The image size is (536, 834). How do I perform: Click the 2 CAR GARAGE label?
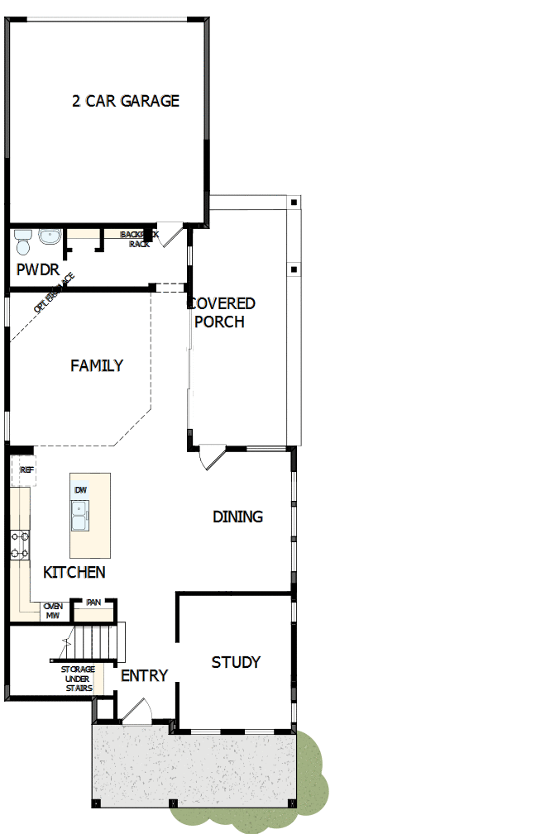pyautogui.click(x=126, y=101)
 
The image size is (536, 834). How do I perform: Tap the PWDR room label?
pyautogui.click(x=37, y=269)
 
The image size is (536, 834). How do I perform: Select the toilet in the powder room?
pyautogui.click(x=22, y=241)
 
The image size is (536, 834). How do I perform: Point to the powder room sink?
pyautogui.click(x=49, y=236)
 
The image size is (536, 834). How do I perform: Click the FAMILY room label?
pyautogui.click(x=97, y=365)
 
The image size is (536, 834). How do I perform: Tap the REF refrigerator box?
pyautogui.click(x=26, y=469)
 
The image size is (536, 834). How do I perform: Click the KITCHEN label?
pyautogui.click(x=74, y=572)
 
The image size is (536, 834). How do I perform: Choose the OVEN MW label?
pyautogui.click(x=53, y=611)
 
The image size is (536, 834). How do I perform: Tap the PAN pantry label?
pyautogui.click(x=93, y=603)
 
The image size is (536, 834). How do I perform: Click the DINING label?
pyautogui.click(x=237, y=517)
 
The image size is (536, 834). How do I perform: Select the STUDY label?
pyautogui.click(x=236, y=662)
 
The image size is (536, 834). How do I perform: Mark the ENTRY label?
pyautogui.click(x=144, y=675)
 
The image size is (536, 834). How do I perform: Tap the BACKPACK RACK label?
pyautogui.click(x=137, y=239)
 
